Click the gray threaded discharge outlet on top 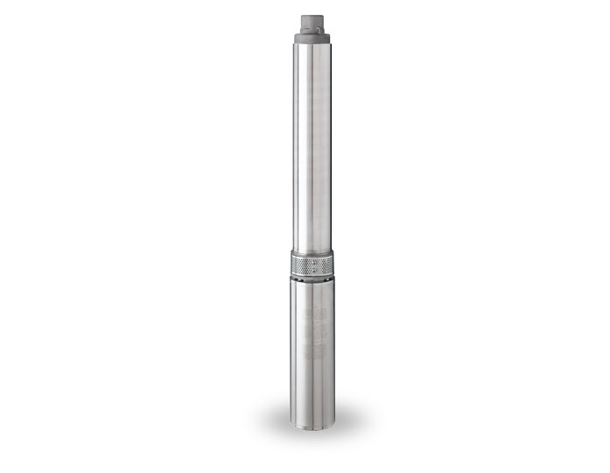[x=314, y=20]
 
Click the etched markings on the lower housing [x=313, y=333]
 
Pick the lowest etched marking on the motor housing [x=313, y=352]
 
